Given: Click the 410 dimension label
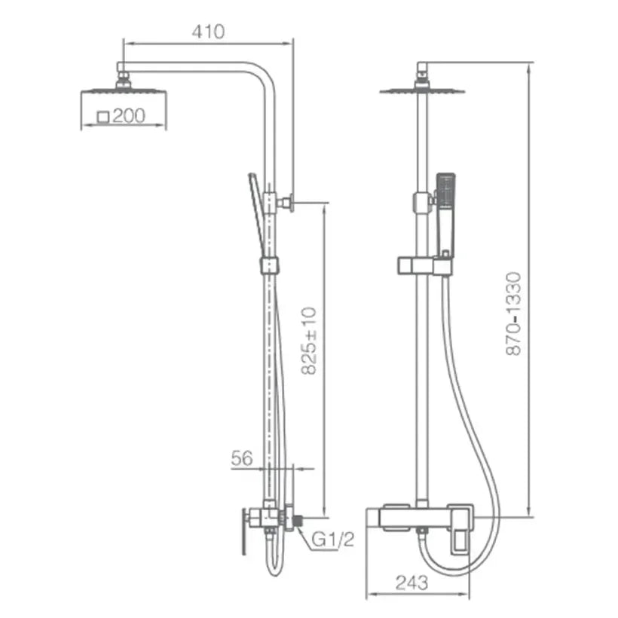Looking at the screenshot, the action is point(208,32).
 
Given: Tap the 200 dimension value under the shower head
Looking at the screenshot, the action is point(129,116).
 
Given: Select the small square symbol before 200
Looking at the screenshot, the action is point(102,117).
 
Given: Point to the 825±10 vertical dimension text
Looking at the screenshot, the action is point(308,341).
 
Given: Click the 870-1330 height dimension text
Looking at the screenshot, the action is point(513,314).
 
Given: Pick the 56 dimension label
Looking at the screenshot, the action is point(242,458).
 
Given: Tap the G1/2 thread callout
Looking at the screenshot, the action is point(333,539).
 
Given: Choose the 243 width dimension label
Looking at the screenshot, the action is point(411,583).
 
